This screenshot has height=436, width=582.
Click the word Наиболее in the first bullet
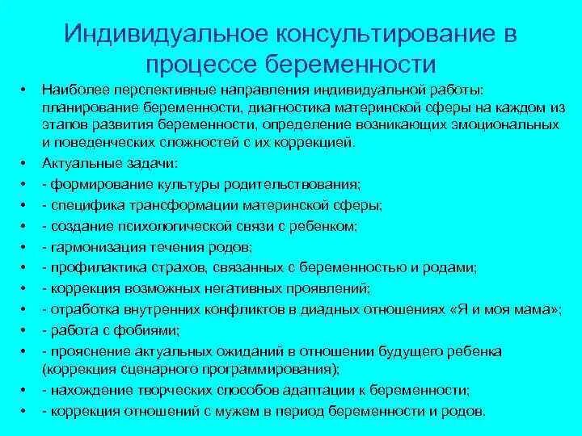70,91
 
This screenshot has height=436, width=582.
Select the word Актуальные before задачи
76,162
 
